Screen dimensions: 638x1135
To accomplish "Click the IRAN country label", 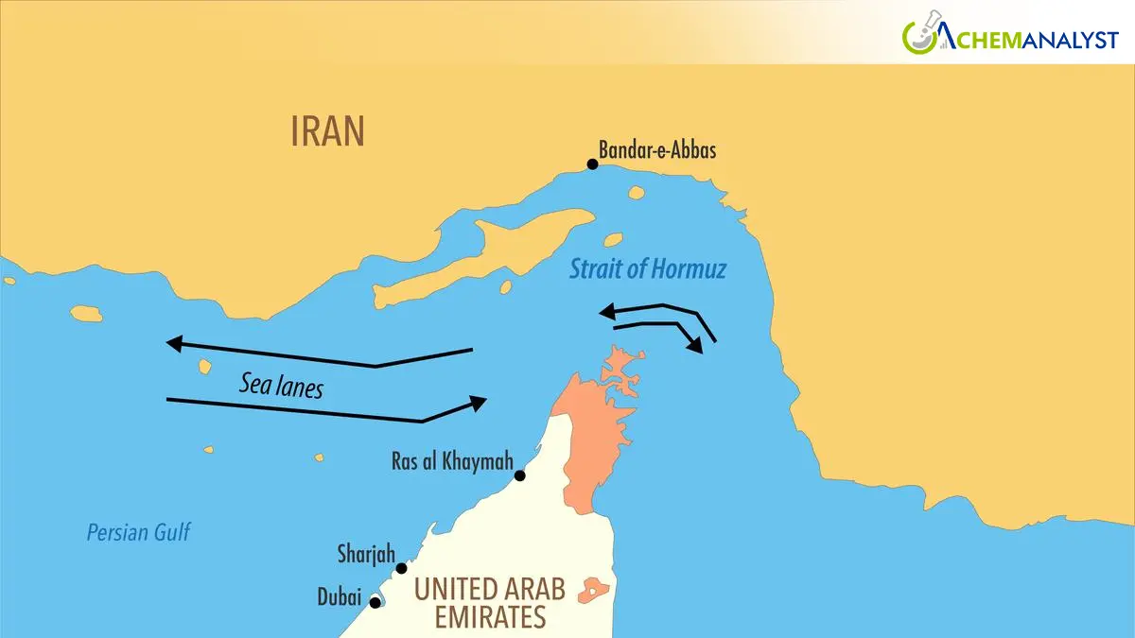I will click(x=327, y=132).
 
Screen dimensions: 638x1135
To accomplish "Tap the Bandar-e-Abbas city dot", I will click(x=593, y=164).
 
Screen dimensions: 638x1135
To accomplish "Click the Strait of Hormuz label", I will click(x=647, y=269).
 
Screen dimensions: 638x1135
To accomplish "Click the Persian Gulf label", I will click(x=138, y=532).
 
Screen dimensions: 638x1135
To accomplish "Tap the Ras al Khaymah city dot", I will click(x=519, y=475).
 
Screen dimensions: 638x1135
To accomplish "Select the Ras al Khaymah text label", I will click(x=451, y=462).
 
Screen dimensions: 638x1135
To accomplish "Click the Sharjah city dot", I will click(x=401, y=568).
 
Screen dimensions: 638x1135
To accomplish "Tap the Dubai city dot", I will click(x=375, y=602).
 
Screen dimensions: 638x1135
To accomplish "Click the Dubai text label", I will click(x=339, y=598).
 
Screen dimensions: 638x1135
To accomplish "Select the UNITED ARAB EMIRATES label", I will click(x=489, y=603).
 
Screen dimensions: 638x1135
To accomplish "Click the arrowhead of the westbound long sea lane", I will click(x=173, y=343).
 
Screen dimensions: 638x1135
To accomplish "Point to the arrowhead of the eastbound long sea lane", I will click(x=479, y=403).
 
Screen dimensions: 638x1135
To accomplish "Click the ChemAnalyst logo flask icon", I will click(x=918, y=35).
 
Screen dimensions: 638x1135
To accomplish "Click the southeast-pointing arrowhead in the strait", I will click(x=696, y=345).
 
